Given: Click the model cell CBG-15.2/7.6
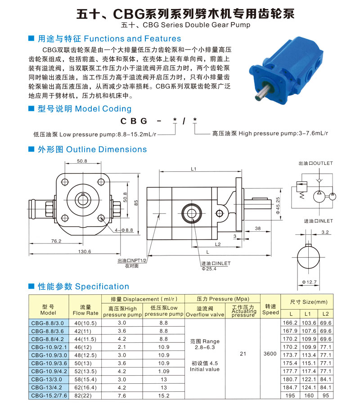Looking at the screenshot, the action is [49, 395].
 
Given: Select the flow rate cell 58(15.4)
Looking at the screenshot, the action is [85, 380].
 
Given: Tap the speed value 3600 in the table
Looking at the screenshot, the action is [270, 354].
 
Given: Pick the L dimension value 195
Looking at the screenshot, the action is [290, 395].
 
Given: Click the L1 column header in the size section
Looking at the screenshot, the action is [308, 314].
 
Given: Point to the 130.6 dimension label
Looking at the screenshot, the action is [85, 251].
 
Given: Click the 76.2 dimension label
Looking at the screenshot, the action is [56, 241].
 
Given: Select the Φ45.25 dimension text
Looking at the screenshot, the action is [278, 206].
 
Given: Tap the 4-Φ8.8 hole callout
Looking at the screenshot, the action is [124, 230].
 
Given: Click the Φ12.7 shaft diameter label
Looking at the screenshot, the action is [309, 282].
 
